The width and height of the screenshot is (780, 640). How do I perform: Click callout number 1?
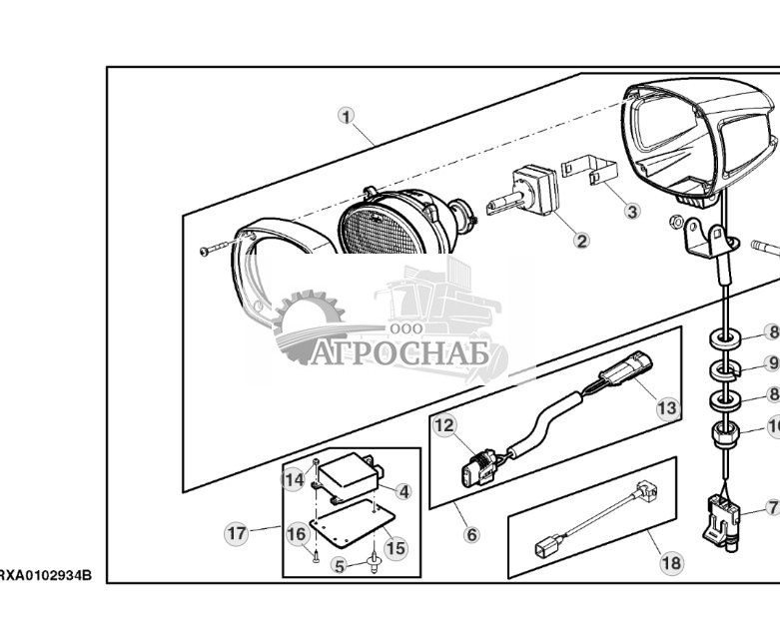tap(347, 116)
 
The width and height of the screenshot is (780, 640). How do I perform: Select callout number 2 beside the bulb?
tap(581, 241)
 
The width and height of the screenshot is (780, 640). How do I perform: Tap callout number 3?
tap(631, 211)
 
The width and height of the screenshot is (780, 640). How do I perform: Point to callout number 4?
tap(403, 491)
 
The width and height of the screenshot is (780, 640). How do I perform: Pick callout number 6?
tap(471, 534)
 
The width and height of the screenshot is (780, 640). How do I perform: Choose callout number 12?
tap(444, 426)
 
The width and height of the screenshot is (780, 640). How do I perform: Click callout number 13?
tap(666, 407)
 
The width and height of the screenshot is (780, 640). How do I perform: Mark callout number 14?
tap(294, 480)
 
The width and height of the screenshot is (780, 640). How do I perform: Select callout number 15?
tap(395, 548)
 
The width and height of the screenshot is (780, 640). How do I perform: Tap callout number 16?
tap(297, 534)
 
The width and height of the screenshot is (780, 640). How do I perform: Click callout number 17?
tap(236, 533)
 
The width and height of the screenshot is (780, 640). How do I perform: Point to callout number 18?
tap(671, 563)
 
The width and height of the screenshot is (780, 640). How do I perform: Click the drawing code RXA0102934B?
tap(46, 576)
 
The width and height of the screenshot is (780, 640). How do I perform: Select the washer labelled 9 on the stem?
tap(726, 371)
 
